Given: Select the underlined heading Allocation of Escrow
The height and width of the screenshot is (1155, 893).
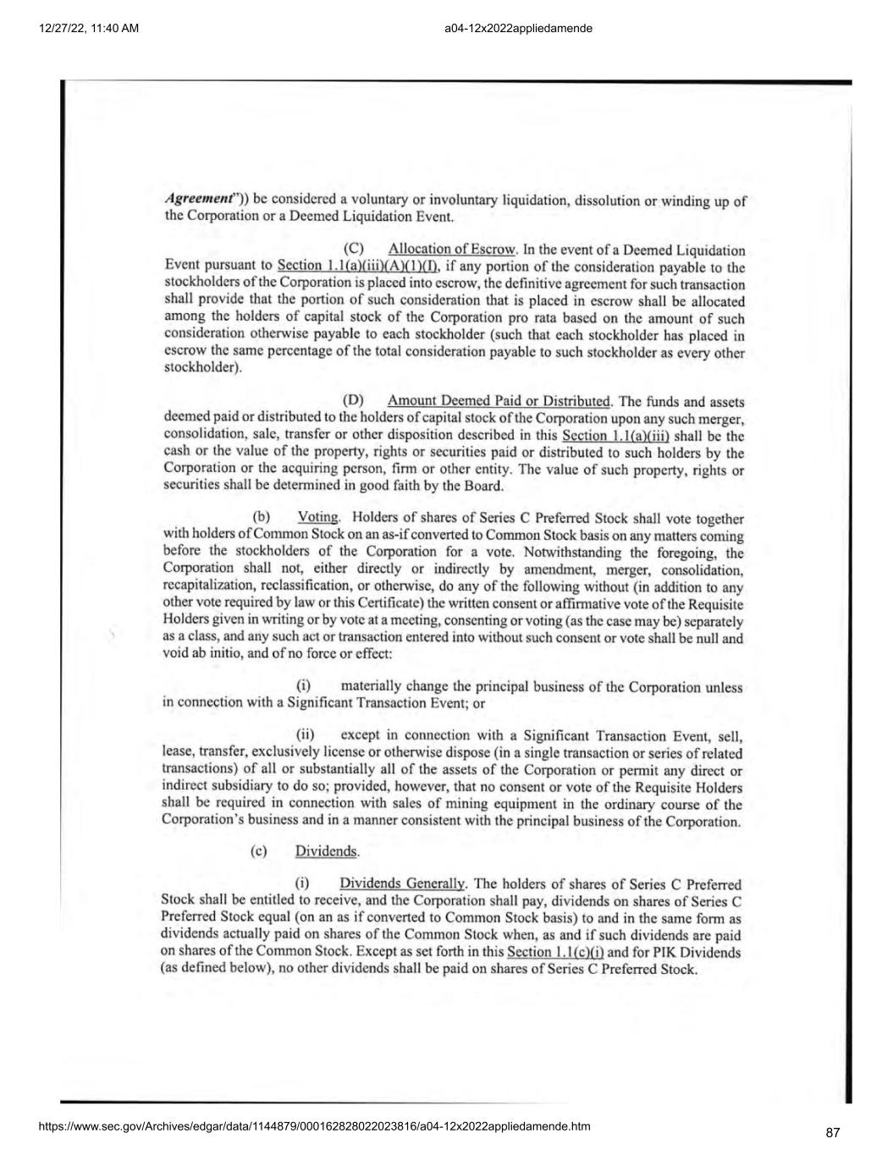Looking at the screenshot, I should click(x=452, y=249).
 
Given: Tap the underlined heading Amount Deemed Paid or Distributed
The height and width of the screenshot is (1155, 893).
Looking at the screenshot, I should click(x=499, y=401).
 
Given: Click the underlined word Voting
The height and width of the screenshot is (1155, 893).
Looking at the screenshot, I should click(x=318, y=517).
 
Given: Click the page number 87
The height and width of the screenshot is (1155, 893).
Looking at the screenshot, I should click(x=832, y=1133).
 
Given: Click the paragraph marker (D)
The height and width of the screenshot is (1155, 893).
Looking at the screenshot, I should click(x=353, y=401).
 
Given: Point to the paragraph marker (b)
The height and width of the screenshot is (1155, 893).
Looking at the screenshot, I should click(x=262, y=517).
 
